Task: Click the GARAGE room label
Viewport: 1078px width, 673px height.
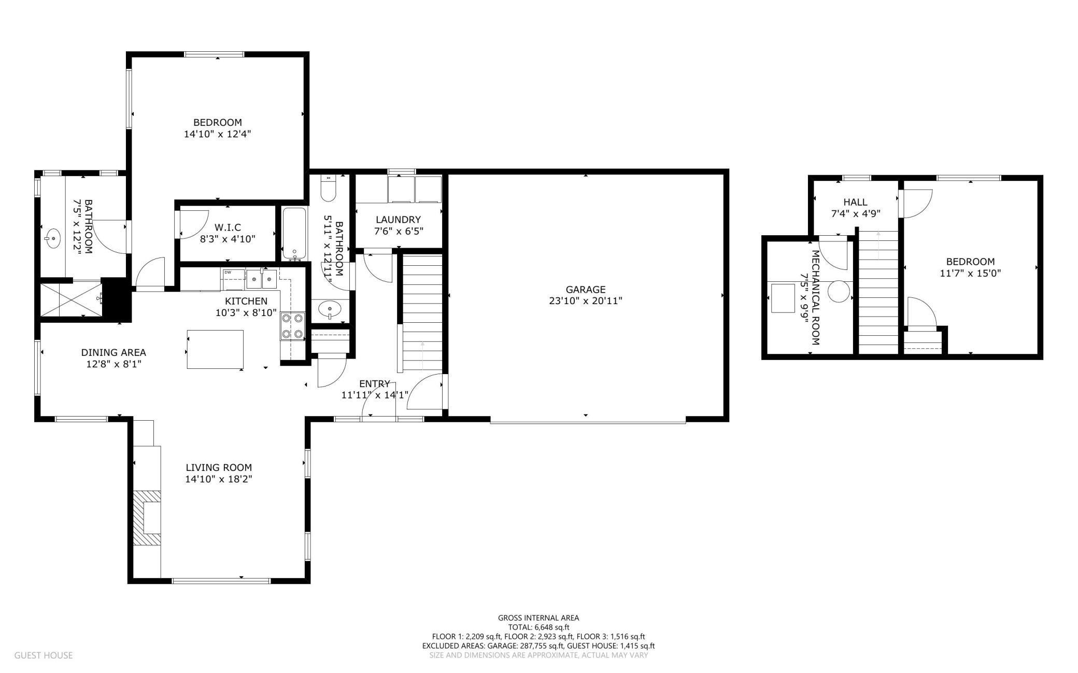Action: (x=585, y=290)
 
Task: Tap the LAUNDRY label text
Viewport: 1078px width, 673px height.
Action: (x=398, y=220)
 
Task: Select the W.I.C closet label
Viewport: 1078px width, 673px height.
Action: (x=228, y=227)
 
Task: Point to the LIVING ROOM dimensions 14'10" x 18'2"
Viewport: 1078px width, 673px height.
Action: (x=219, y=479)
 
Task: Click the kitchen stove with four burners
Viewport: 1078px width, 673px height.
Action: (x=292, y=326)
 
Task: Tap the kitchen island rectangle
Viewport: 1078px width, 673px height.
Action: (x=215, y=349)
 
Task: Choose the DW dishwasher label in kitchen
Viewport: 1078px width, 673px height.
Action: (x=227, y=272)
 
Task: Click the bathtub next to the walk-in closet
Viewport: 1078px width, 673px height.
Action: (x=294, y=234)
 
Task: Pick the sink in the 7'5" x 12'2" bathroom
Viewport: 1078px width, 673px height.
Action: (x=52, y=239)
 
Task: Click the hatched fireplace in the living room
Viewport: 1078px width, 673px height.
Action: (x=147, y=518)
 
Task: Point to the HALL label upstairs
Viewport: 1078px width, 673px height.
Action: (x=855, y=202)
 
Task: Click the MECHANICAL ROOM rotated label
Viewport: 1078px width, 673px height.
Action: (x=815, y=298)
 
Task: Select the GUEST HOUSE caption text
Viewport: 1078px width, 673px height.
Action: (x=44, y=655)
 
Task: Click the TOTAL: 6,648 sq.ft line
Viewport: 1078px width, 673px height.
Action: (x=538, y=627)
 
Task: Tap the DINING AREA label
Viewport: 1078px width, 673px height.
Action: (x=114, y=353)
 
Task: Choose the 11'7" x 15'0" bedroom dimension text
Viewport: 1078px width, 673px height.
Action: (x=970, y=273)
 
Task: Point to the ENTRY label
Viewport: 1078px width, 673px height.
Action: (x=374, y=384)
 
